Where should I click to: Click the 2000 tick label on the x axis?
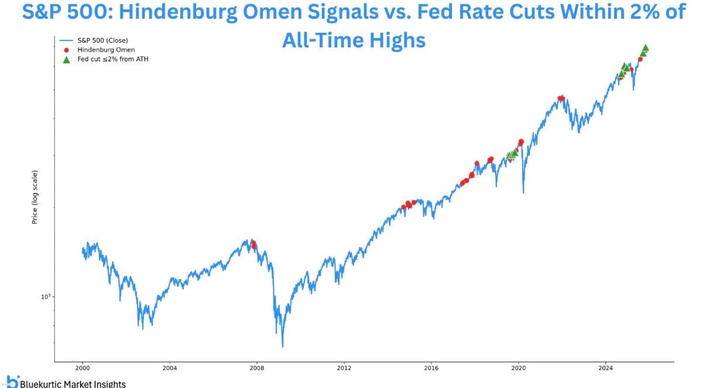83,369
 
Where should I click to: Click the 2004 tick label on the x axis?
170,369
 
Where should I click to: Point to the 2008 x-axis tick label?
257,369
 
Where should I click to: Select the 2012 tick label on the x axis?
344,369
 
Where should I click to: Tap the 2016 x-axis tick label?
431,369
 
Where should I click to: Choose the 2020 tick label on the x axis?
519,369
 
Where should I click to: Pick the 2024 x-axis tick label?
606,369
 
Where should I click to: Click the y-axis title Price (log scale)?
35,197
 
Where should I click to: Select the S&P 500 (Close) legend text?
102,40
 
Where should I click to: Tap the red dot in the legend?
66,50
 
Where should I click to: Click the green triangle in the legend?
66,59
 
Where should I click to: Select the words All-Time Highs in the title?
354,40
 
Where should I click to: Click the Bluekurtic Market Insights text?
73,384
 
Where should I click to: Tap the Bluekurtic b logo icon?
12,381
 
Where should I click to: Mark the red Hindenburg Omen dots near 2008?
253,244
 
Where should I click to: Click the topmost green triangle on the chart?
645,48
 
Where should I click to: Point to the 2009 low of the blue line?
283,346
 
